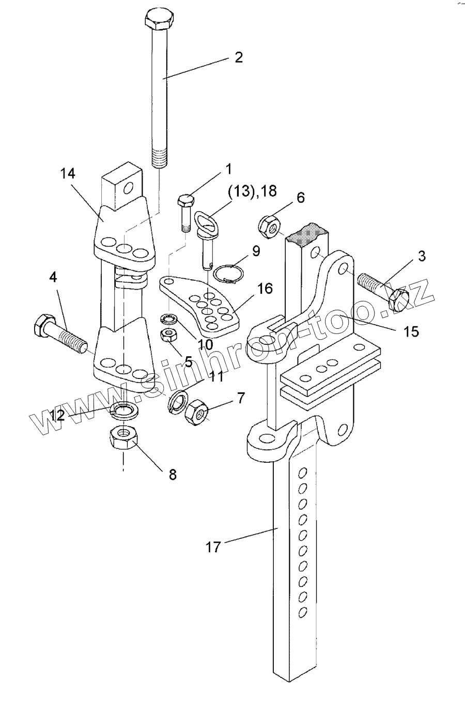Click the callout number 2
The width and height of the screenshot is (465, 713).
click(238, 57)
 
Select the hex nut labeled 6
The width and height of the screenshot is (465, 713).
click(269, 226)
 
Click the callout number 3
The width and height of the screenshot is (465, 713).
click(422, 256)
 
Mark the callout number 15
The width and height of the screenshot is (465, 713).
click(411, 331)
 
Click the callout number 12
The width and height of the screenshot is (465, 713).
click(58, 415)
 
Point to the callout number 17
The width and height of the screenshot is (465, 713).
click(213, 547)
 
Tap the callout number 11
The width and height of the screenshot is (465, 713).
click(216, 376)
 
